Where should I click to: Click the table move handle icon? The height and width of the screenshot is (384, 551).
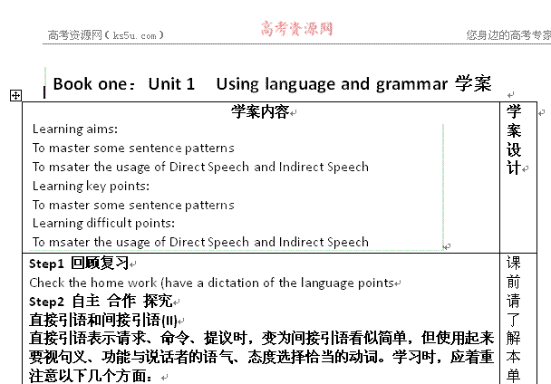(x=15, y=95)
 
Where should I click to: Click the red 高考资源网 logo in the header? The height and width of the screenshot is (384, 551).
(x=296, y=29)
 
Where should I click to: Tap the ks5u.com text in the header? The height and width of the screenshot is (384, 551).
(x=135, y=35)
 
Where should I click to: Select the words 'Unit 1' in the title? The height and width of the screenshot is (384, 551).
(x=171, y=84)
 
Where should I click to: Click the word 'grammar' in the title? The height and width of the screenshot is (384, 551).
(x=411, y=85)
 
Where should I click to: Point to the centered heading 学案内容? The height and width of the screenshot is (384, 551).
(x=260, y=112)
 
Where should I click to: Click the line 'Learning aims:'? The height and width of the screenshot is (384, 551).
(x=75, y=130)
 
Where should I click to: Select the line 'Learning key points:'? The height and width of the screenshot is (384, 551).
(x=91, y=187)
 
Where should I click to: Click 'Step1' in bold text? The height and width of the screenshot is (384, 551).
(x=46, y=264)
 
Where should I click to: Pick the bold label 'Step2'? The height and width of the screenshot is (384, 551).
(x=46, y=302)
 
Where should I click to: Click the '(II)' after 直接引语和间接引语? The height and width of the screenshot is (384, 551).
(x=169, y=321)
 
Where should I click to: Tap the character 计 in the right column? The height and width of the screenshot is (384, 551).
(x=514, y=168)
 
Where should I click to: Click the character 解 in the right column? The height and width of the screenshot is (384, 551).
(x=514, y=338)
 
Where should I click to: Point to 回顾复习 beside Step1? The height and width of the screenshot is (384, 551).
(x=100, y=263)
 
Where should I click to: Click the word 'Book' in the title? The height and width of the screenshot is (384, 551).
(x=72, y=84)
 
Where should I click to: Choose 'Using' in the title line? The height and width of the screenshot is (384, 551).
(x=237, y=85)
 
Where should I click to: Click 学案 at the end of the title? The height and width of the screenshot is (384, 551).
(x=473, y=84)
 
